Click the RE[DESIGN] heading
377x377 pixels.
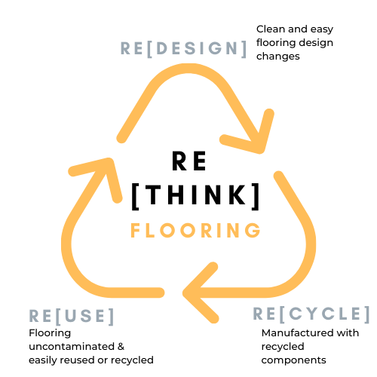pos(184,48)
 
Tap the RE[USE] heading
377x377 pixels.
pos(72,316)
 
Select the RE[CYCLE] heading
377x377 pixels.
pos(311,314)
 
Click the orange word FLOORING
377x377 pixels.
pos(195,230)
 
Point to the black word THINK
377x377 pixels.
pos(196,195)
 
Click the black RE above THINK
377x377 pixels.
pos(189,161)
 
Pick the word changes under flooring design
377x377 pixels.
pos(278,57)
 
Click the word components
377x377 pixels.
pos(293,360)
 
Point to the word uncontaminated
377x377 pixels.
pos(72,347)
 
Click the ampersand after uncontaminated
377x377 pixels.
pos(121,347)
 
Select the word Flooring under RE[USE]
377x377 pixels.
pos(50,333)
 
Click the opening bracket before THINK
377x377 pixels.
pos(135,197)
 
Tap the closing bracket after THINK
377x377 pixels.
pos(256,197)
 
